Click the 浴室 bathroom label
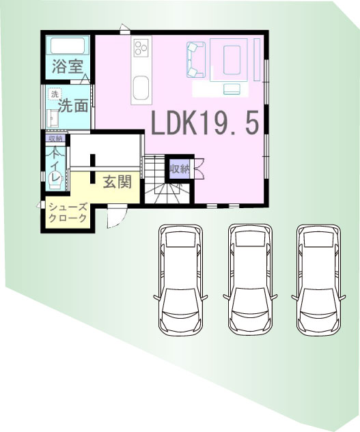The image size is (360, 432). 68,66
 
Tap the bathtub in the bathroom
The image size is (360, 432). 68,46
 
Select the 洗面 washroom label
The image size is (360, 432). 73,105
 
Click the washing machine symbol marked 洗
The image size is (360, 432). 55,94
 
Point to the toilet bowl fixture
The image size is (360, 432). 56,180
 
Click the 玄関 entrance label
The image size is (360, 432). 117,182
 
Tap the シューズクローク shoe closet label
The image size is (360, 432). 68,212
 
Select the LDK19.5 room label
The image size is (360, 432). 205,123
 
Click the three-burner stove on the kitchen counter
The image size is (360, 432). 141,47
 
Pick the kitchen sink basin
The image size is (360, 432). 141,89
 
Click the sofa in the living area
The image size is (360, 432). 195,59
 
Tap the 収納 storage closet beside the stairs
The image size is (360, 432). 179,169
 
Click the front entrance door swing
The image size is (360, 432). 116,216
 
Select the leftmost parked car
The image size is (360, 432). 181,280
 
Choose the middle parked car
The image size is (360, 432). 250,280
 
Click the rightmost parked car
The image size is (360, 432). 318,280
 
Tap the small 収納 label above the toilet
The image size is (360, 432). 55,139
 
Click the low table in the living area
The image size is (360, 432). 232,60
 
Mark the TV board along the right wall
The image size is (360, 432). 257,60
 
